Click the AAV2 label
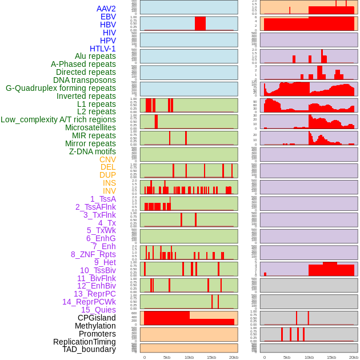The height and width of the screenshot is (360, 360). (106, 9)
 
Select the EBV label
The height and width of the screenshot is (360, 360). (108, 17)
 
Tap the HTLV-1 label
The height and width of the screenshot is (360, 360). (103, 49)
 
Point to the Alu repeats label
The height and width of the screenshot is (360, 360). (95, 56)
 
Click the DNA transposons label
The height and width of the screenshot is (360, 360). (85, 80)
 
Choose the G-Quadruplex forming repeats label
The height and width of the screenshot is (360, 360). (61, 88)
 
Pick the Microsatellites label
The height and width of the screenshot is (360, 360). (90, 127)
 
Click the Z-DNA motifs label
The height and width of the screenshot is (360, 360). (93, 151)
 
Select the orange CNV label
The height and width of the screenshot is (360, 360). (107, 159)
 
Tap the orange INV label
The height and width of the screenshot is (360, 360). (109, 191)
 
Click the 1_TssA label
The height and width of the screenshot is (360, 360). (103, 199)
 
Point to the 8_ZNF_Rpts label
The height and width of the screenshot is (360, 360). (93, 254)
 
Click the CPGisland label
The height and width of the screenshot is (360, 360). (97, 318)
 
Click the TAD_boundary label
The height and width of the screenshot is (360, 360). (89, 349)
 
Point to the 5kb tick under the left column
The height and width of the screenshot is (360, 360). (167, 357)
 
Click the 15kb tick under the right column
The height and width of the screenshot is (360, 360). (331, 357)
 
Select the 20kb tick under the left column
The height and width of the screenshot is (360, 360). (234, 357)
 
